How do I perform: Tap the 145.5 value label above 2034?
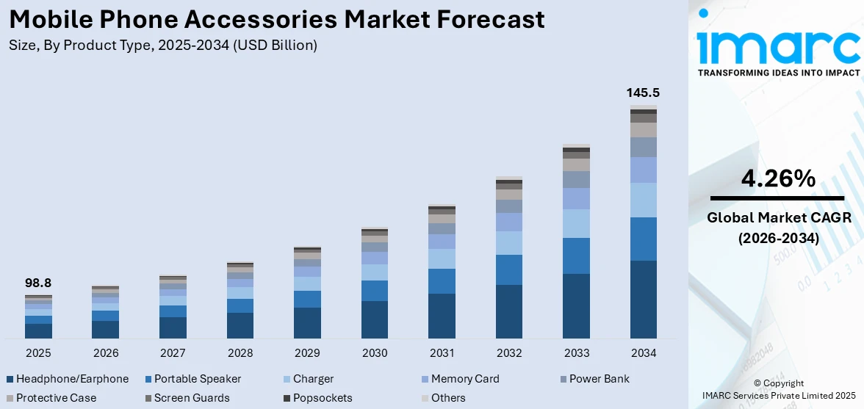[x=643, y=93]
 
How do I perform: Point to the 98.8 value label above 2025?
[x=38, y=283]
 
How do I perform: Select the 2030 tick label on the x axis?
[x=375, y=353]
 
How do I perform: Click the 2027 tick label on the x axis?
[x=173, y=353]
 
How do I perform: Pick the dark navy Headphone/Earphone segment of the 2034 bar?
[x=643, y=299]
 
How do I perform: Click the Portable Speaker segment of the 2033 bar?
[x=576, y=256]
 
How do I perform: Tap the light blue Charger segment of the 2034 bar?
[x=643, y=200]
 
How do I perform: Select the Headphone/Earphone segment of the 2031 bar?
[x=442, y=316]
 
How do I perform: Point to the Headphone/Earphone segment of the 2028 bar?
[x=240, y=325]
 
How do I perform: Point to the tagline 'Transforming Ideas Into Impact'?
[x=778, y=73]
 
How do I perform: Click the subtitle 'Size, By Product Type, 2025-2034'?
[x=163, y=46]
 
